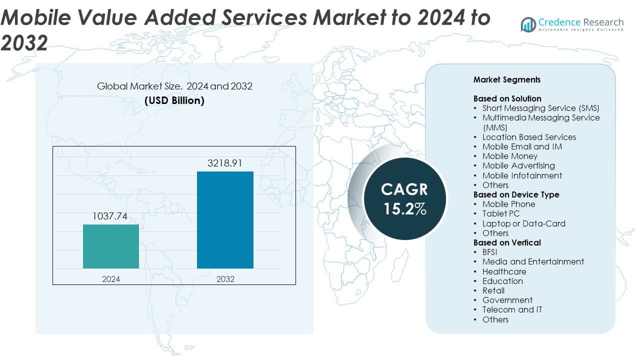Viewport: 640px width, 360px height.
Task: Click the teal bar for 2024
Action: (x=110, y=246)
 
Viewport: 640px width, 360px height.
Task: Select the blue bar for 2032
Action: (x=225, y=220)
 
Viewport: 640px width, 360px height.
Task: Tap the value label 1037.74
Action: (x=110, y=216)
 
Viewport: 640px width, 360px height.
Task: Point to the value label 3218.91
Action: (x=225, y=163)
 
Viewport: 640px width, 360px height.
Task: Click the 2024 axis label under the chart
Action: (x=110, y=279)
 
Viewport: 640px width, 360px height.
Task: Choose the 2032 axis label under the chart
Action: (x=225, y=279)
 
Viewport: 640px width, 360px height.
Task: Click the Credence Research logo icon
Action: (x=528, y=24)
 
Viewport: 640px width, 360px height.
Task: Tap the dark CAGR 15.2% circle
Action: (x=404, y=198)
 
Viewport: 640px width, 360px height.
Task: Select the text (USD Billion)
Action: (x=174, y=100)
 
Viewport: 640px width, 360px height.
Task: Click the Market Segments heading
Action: (x=506, y=79)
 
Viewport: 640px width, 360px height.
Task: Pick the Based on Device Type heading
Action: (x=516, y=194)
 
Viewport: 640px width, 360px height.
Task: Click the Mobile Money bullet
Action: (x=509, y=156)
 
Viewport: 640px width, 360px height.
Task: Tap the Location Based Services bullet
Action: (x=528, y=137)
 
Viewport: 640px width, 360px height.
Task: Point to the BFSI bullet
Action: (x=489, y=252)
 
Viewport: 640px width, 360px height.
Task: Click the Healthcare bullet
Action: (x=504, y=271)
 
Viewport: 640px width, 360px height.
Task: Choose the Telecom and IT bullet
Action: (x=512, y=309)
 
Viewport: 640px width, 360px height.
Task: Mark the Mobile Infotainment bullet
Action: (x=522, y=175)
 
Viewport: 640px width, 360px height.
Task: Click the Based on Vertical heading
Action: (x=507, y=242)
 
